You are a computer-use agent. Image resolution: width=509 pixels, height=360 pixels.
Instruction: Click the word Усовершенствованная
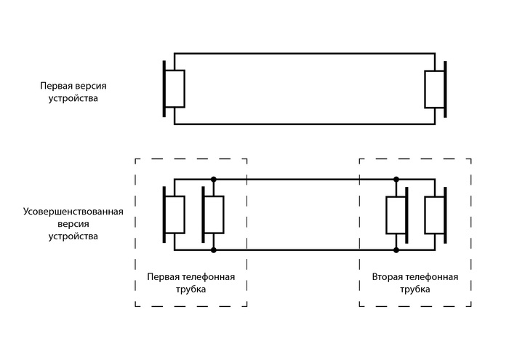pos(73,212)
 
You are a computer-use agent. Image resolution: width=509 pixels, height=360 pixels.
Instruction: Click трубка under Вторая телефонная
pos(415,289)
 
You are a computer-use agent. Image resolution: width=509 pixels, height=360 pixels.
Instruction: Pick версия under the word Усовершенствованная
pos(73,224)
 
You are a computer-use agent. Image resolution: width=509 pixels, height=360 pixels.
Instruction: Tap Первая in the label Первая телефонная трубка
pos(161,277)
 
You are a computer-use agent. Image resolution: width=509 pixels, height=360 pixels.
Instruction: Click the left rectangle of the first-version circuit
pos(176,89)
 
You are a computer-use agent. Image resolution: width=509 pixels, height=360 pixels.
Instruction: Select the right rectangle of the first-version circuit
pos(434,89)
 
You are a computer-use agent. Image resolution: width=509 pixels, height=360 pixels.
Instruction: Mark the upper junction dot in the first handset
pos(213,179)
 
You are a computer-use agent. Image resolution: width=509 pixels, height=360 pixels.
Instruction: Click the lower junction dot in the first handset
pos(213,250)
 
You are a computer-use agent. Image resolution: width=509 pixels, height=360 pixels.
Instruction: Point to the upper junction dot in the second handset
pos(396,179)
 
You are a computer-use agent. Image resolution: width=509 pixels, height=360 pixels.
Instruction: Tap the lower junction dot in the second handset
pos(396,250)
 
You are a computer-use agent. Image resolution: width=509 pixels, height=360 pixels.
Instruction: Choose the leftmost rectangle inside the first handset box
pos(176,215)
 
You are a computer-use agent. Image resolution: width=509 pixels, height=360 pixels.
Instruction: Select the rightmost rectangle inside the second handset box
pos(434,215)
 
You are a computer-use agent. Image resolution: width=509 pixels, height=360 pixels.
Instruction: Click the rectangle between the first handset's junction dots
pos(213,215)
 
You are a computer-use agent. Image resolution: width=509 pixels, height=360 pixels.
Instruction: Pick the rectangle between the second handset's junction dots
pos(396,215)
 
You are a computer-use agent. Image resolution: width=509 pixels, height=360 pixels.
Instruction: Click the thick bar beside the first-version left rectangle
pos(165,89)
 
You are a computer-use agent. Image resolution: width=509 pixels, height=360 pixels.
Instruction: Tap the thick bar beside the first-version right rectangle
pos(445,89)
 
